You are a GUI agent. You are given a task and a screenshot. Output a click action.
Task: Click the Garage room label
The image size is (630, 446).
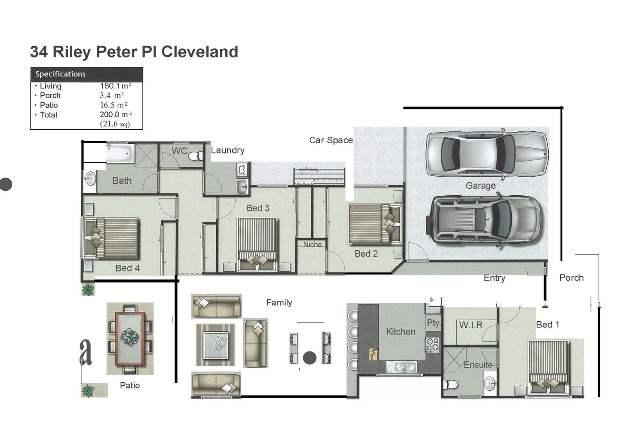click(x=480, y=186)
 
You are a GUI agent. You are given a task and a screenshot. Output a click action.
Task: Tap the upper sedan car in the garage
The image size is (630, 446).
click(x=487, y=154)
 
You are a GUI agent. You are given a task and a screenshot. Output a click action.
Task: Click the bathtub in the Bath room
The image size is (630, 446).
click(x=120, y=154)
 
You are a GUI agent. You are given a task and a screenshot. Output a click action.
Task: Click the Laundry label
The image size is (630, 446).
click(x=228, y=150)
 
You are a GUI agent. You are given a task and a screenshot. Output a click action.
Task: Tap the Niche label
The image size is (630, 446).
click(x=312, y=244)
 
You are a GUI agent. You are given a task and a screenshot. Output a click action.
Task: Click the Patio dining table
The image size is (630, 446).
click(x=130, y=338)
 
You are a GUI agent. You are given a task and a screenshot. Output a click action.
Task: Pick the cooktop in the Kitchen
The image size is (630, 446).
click(x=432, y=344)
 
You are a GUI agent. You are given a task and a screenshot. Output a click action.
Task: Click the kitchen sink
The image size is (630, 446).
click(x=401, y=366)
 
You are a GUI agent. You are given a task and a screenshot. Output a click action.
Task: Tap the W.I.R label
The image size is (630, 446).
click(x=471, y=325)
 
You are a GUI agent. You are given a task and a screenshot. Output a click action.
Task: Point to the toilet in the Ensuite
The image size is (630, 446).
click(x=451, y=384)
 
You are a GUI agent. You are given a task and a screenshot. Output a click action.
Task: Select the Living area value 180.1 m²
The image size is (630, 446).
click(x=115, y=86)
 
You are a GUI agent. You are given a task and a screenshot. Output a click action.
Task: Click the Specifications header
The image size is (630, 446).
click(x=61, y=74)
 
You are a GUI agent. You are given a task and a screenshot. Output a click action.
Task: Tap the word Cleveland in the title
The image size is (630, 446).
click(x=200, y=52)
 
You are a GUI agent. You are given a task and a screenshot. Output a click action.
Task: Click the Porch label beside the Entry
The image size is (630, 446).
click(x=571, y=278)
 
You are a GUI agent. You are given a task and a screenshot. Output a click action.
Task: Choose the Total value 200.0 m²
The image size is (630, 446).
click(x=116, y=115)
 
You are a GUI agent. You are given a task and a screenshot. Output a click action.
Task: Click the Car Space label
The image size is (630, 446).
click(x=331, y=140)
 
